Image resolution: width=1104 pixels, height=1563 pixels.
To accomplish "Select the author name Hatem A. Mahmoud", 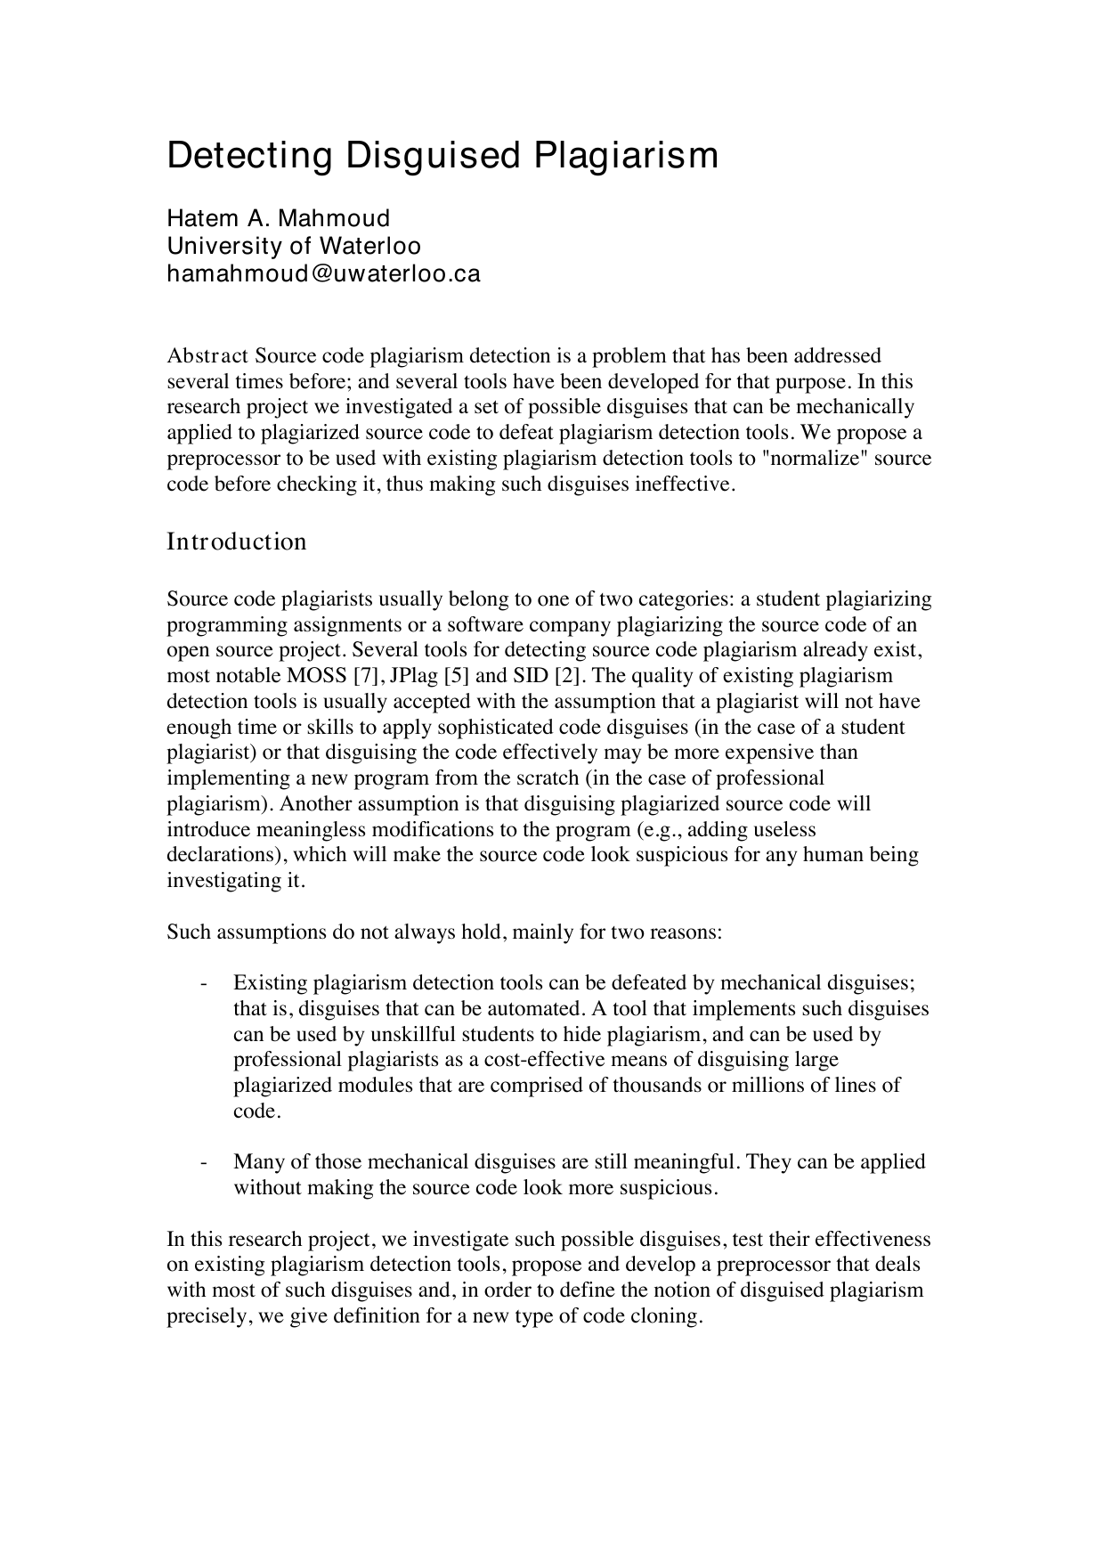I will tap(279, 218).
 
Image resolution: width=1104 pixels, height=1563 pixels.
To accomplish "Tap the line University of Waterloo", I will tap(294, 246).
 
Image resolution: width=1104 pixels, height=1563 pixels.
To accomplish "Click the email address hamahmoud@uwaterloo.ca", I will tap(323, 273).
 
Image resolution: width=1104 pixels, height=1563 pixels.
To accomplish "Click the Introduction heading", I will tap(237, 541).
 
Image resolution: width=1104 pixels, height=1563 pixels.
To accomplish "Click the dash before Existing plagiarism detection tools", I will tap(205, 983).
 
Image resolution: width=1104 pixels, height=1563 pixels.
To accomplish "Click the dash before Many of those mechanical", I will tap(205, 1162).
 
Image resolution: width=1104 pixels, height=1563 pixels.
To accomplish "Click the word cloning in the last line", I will tap(668, 1316).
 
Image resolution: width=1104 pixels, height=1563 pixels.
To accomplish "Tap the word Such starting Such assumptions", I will tap(188, 932).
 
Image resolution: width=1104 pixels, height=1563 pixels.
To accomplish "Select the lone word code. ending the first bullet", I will tap(256, 1111).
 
